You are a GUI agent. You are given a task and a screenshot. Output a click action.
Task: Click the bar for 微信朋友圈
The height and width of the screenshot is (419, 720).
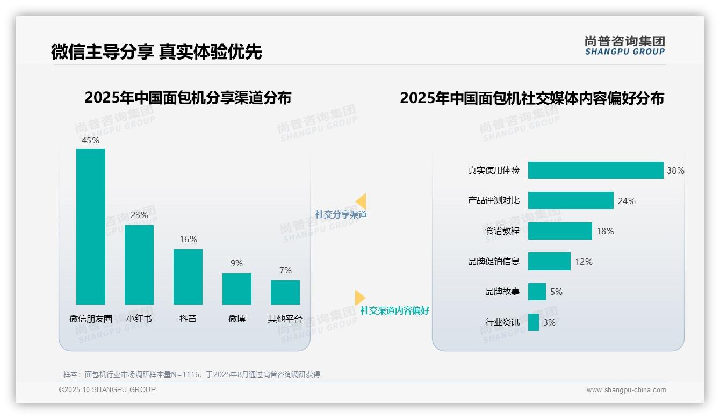[x=91, y=226]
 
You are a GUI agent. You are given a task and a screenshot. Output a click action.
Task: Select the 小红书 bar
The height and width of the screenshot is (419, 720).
[x=139, y=264]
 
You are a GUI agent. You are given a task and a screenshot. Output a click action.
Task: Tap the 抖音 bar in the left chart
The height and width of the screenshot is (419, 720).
[x=188, y=277]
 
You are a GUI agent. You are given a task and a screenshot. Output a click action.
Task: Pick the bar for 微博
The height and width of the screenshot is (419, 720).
[x=237, y=288]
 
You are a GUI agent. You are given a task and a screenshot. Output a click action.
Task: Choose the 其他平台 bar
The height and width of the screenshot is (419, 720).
[x=285, y=292]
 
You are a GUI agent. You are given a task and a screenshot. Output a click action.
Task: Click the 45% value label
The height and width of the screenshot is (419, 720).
[x=90, y=140]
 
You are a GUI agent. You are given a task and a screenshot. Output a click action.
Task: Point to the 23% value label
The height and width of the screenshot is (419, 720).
[x=139, y=215]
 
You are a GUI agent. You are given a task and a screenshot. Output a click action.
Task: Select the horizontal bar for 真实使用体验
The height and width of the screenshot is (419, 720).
[x=595, y=170]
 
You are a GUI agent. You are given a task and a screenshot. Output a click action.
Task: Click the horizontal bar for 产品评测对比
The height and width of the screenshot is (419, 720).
[x=571, y=200]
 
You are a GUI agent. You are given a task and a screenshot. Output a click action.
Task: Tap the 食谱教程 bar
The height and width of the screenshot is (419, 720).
[x=560, y=231]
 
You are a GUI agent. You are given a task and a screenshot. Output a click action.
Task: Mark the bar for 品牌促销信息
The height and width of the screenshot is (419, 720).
[x=549, y=262]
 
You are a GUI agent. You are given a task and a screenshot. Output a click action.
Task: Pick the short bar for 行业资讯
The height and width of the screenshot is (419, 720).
[x=534, y=322]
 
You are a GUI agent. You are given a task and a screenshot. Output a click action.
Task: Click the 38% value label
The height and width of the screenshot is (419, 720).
[x=675, y=170]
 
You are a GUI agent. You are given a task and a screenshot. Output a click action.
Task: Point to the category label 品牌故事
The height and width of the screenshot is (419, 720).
[x=502, y=292]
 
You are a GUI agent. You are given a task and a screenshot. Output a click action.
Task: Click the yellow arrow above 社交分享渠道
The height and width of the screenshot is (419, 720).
[x=361, y=201]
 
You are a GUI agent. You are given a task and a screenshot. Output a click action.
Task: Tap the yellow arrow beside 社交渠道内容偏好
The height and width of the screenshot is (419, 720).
[x=359, y=298]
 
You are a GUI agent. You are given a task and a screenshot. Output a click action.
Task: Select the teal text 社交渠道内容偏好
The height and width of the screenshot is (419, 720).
[x=395, y=310]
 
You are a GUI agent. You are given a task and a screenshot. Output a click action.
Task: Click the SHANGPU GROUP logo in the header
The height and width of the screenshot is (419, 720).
[x=625, y=46]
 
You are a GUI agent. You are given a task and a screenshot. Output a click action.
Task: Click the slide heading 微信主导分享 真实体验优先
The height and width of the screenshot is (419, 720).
[x=156, y=52]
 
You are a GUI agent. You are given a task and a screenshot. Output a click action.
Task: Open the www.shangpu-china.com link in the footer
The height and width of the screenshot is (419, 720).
[x=626, y=390]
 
